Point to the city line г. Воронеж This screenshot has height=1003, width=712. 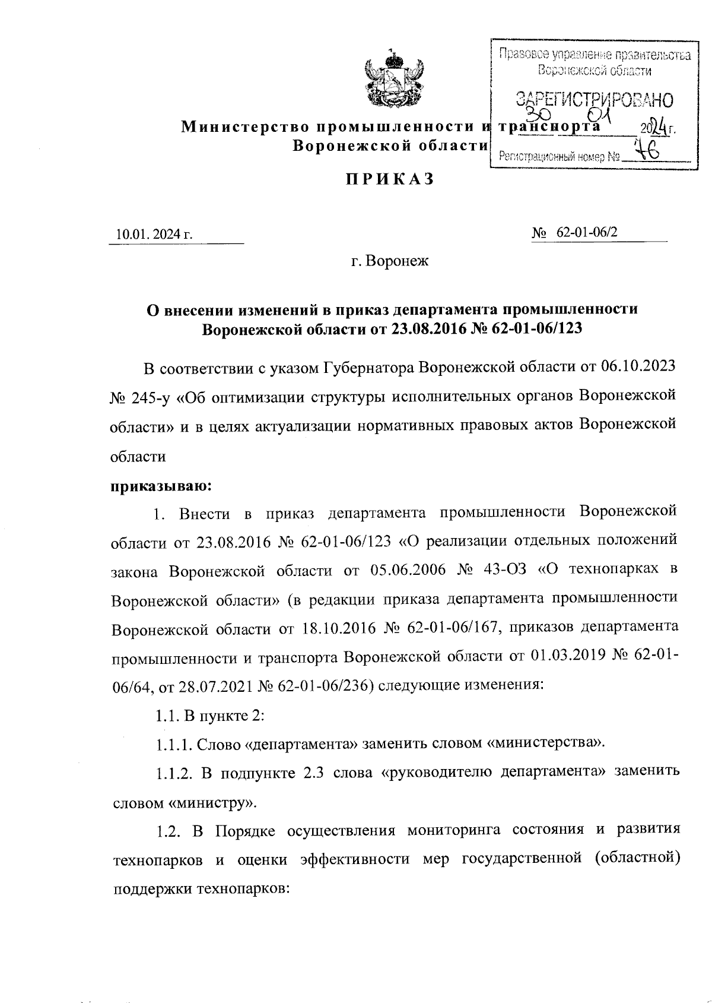tap(389, 261)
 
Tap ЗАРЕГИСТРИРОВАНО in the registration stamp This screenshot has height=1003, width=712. tap(595, 99)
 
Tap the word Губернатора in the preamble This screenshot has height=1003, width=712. tap(368, 367)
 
